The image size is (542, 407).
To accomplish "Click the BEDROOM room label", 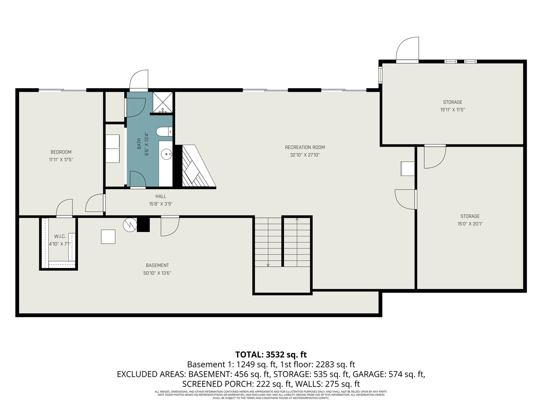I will [61, 152].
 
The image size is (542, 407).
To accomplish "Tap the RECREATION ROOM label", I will [305, 148].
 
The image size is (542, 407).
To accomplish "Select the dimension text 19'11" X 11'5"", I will [452, 110].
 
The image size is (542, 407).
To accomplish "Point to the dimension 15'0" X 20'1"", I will [470, 224].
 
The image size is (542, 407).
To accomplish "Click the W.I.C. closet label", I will [60, 236].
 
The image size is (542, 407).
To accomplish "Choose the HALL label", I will [160, 196].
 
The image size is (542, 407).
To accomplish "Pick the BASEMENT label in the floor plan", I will [157, 265].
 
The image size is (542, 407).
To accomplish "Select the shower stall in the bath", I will [163, 102].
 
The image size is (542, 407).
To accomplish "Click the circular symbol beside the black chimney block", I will [129, 225].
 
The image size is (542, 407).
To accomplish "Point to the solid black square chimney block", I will [144, 224].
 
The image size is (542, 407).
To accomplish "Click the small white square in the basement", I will [108, 237].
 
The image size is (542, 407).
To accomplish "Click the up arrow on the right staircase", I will [297, 220].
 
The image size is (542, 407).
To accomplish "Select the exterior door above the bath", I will [139, 81].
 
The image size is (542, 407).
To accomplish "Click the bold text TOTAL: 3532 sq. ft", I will [271, 354].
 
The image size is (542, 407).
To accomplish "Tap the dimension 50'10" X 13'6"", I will [157, 273].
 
